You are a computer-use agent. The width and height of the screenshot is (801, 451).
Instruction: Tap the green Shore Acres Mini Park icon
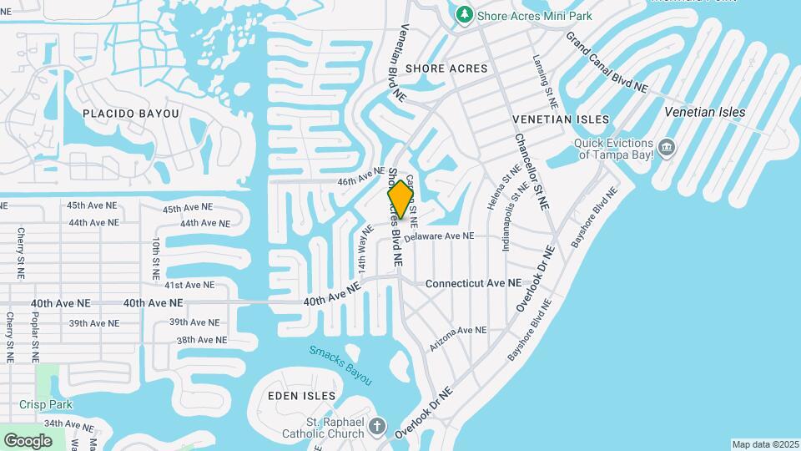[x=464, y=14]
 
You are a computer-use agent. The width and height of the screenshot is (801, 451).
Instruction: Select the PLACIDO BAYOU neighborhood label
[x=131, y=113]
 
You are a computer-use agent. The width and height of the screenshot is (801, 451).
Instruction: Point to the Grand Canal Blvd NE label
[x=607, y=63]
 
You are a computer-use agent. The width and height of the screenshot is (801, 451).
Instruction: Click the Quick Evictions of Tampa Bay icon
[x=666, y=149]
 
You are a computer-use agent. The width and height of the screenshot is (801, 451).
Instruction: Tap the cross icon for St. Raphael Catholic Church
[x=377, y=427]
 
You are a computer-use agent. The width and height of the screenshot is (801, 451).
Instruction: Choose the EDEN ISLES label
[x=301, y=395]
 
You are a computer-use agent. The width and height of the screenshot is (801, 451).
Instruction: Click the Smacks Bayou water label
[x=340, y=365]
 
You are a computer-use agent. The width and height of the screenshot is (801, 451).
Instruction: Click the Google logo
[x=28, y=440]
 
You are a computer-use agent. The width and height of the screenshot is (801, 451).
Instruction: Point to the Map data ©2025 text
[x=765, y=444]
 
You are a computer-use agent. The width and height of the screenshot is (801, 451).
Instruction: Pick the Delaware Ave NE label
[x=439, y=237]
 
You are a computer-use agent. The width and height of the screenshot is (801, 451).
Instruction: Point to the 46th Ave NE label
[x=360, y=180]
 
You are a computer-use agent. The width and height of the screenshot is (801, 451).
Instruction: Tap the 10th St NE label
[x=156, y=258]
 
